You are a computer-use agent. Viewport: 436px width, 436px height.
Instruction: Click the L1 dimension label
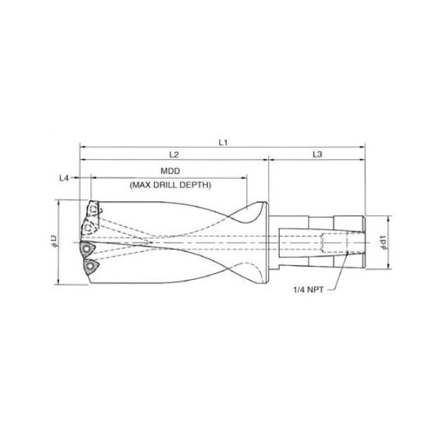pos(223,142)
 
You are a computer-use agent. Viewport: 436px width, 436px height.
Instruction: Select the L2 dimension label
pos(174,155)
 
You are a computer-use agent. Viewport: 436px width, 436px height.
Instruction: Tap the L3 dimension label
pos(318,154)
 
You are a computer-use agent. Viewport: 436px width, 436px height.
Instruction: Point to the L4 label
pos(64,178)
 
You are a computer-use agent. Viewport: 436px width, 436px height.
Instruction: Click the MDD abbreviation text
pos(171,171)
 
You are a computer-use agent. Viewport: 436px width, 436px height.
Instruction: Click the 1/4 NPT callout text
pos(309,290)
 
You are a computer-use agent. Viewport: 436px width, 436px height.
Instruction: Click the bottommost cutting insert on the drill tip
pos(89,267)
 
